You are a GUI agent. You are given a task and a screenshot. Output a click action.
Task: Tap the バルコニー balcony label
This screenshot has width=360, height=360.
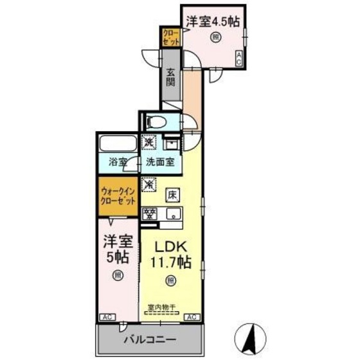148,339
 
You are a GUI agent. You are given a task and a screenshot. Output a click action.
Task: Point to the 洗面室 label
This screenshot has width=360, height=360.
159,162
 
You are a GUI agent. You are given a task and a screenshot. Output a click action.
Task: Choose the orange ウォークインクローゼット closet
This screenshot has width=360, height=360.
118,195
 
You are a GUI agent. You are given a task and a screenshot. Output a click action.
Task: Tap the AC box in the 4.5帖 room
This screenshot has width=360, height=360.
239,59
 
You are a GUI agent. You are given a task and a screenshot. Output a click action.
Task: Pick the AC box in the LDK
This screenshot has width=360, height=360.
192,317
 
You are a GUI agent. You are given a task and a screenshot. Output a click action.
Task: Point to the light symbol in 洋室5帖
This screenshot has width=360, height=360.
118,275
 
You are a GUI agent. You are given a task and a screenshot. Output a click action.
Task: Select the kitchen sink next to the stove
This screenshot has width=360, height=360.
172,215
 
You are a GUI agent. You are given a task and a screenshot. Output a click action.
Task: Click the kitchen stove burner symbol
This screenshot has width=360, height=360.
149,215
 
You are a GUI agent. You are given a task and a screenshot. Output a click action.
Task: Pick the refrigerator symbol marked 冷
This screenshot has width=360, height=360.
149,184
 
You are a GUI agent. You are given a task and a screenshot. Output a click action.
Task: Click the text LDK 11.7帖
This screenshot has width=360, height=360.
170,253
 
